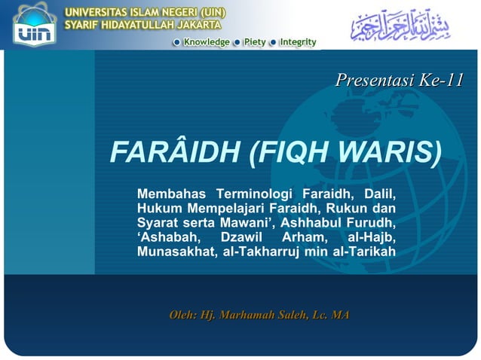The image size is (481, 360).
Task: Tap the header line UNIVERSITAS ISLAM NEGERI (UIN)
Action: tap(142, 11)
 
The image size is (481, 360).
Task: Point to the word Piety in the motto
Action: tap(254, 42)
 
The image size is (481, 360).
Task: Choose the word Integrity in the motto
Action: tap(297, 42)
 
